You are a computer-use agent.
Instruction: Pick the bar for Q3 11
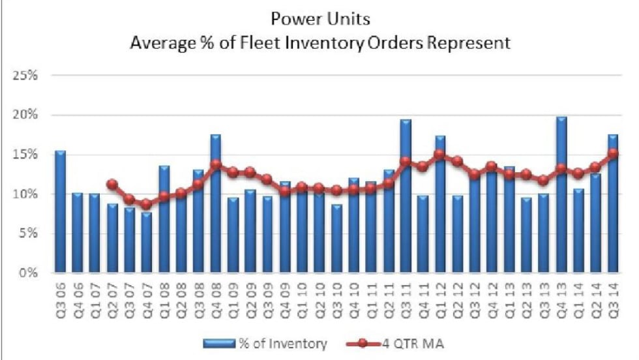[405, 196]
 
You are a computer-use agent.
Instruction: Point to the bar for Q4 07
[146, 242]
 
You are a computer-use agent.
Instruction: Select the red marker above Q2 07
[111, 184]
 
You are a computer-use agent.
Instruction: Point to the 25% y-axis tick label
[26, 75]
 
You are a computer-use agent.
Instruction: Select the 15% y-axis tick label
[26, 154]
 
